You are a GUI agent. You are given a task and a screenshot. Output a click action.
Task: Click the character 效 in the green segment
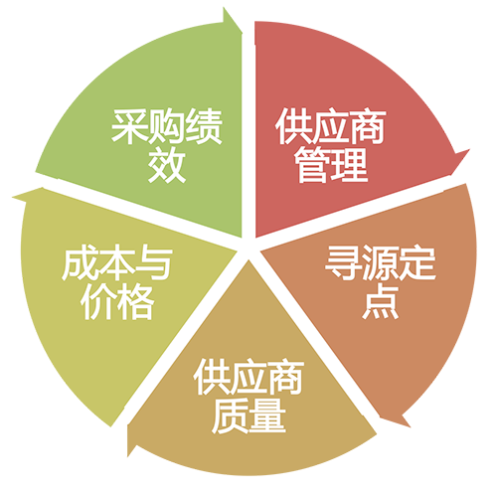[x=167, y=165]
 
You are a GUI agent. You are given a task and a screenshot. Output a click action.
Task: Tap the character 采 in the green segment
[x=129, y=126]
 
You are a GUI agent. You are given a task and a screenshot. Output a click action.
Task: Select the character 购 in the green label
[x=167, y=126]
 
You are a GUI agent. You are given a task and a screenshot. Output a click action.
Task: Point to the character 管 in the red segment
[x=313, y=165]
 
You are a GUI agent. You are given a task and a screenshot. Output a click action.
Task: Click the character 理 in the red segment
[x=350, y=165]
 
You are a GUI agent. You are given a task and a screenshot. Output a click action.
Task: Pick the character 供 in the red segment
[x=293, y=126]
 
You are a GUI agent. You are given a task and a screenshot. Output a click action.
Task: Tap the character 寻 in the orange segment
[x=343, y=262]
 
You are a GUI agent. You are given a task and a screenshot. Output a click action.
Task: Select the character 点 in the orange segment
[x=381, y=300]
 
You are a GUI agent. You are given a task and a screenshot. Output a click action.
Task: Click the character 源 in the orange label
[x=381, y=262]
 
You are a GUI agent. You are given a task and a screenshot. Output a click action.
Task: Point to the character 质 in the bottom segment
[x=230, y=415]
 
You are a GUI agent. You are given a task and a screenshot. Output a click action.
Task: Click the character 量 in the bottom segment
[x=267, y=415]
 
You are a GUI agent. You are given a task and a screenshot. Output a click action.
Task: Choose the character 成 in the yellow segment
[x=80, y=264]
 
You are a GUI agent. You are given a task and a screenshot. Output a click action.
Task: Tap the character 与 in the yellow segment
[x=154, y=264]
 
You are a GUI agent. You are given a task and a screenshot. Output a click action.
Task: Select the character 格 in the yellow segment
[x=136, y=302]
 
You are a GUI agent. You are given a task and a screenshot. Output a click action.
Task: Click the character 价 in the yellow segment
[x=98, y=302]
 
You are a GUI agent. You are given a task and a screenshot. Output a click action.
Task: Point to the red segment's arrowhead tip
[x=469, y=150]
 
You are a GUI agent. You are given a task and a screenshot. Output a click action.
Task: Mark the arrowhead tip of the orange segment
[x=410, y=426]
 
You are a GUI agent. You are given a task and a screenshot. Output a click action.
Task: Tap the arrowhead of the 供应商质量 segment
[x=128, y=456]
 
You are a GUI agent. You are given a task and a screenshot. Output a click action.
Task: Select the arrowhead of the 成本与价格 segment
[x=13, y=198]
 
